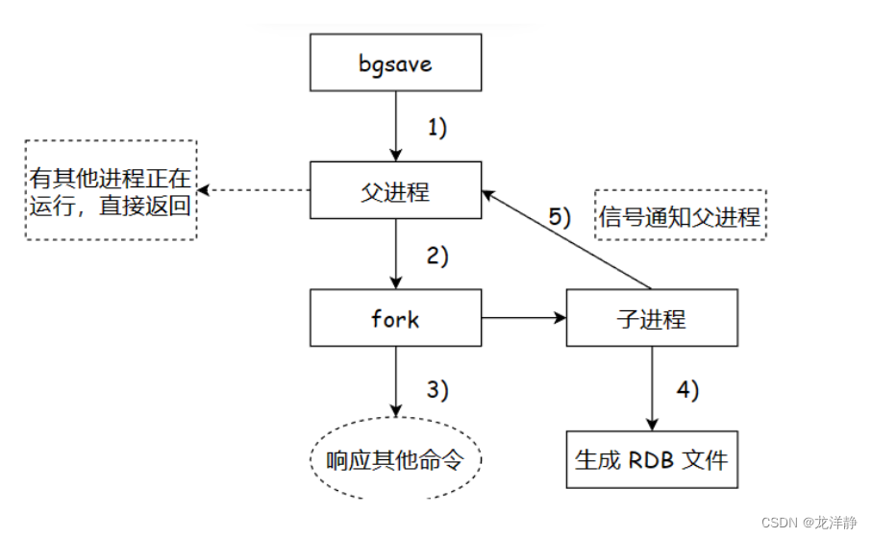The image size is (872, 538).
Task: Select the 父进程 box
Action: coord(394,190)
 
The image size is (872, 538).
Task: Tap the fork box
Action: coord(394,318)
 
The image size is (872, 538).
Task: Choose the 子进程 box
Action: coord(653,318)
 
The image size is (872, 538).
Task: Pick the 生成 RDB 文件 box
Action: coord(653,458)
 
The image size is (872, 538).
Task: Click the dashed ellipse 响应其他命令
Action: coord(395,460)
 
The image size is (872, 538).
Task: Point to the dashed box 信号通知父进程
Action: coord(681,216)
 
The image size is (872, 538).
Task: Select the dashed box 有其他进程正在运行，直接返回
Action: coord(111,190)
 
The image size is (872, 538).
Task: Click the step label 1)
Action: coord(437,128)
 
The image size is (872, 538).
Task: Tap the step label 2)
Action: coord(437,256)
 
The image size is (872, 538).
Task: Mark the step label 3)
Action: coord(437,389)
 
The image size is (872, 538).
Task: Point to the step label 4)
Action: coord(688,389)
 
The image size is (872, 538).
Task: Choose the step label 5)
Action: coord(561,216)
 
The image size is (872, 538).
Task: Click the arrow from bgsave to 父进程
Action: coord(394,125)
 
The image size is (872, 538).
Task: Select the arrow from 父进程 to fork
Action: coord(394,255)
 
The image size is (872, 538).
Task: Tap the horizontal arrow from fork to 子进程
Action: coord(523,318)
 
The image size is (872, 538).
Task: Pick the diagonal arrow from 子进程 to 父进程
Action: coord(567,239)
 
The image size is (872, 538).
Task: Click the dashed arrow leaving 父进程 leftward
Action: coord(255,190)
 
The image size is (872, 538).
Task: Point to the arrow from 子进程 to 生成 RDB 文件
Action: coord(653,388)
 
